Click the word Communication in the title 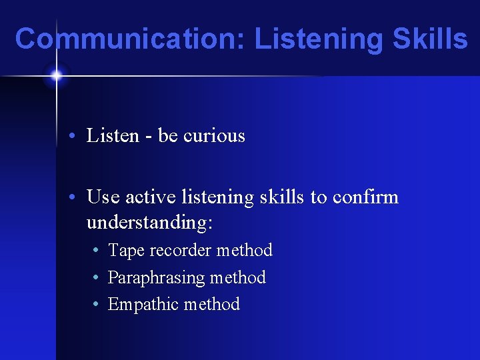(130, 39)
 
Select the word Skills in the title (429, 39)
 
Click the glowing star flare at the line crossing (57, 75)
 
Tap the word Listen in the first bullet (113, 136)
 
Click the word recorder (180, 251)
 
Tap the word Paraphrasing (156, 278)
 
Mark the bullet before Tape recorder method (97, 251)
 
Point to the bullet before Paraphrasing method (97, 278)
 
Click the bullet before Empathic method (97, 305)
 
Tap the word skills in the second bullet (269, 197)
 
